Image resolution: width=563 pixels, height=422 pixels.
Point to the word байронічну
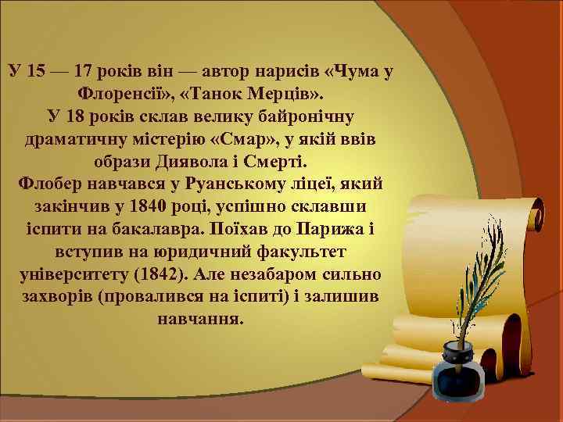(308, 117)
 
